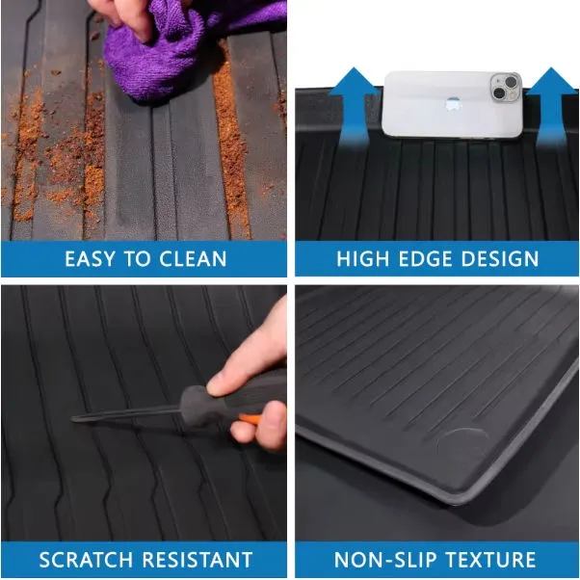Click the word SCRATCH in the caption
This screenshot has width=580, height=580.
pos(86,559)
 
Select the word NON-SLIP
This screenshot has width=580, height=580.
pos(384,559)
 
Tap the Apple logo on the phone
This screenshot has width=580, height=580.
pos(453,105)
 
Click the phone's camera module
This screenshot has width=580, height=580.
pos(506,88)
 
